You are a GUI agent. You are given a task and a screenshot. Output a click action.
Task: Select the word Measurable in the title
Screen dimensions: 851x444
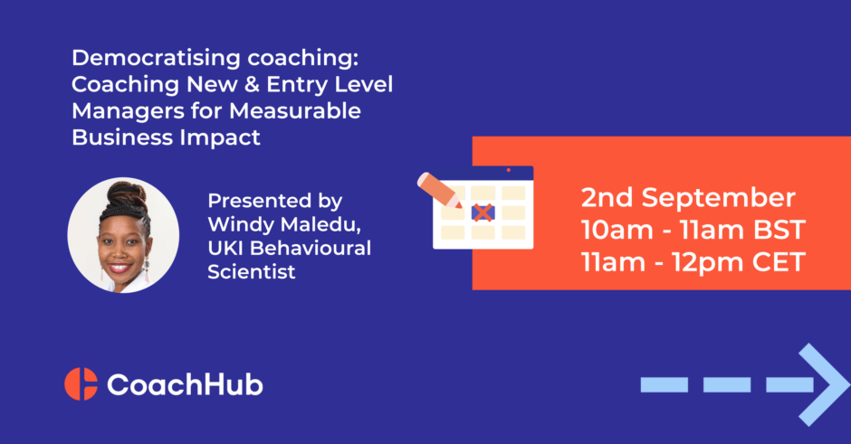point(295,111)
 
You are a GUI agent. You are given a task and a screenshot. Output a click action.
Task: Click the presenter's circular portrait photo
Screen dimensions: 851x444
point(123,235)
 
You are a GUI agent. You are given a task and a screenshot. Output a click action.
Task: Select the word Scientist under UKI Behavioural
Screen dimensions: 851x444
point(252,271)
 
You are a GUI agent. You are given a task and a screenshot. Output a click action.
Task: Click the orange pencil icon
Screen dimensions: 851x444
point(439,190)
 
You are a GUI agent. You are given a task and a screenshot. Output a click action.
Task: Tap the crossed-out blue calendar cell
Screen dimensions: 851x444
point(483,213)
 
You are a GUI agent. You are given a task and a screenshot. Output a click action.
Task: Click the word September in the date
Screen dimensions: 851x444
point(719,198)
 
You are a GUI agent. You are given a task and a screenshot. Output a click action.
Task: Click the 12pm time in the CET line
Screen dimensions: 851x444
point(702,263)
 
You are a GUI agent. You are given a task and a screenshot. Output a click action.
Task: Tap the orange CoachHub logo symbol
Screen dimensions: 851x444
point(81,384)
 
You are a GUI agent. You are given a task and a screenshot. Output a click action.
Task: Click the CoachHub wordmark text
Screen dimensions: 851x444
point(185,385)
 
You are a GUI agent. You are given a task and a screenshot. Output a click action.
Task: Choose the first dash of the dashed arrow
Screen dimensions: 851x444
point(665,385)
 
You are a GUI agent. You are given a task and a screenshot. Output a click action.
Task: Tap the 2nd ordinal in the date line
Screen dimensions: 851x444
point(607,197)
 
